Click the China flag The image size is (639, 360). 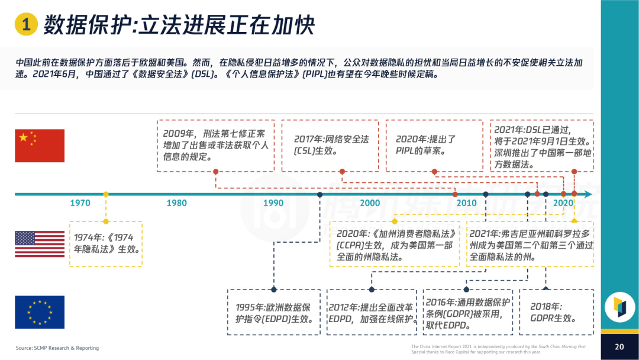40,146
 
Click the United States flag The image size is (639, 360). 40,244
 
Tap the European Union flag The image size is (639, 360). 40,312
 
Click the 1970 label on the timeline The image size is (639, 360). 80,203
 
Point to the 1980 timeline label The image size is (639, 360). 176,203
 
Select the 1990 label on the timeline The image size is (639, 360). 273,203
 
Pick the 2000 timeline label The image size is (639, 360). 370,203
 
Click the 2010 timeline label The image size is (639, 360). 466,203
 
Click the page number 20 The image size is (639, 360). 619,347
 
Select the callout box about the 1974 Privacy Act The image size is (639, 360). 106,243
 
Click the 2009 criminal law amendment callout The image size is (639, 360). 215,146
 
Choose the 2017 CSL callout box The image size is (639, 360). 331,146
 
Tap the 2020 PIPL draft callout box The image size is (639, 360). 434,146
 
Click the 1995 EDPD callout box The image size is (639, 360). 274,311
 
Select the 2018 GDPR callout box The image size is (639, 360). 556,311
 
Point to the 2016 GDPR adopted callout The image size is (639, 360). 467,311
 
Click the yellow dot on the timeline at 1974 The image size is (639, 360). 106,194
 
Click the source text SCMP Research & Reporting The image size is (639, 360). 57,348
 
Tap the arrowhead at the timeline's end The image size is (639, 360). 587,194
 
